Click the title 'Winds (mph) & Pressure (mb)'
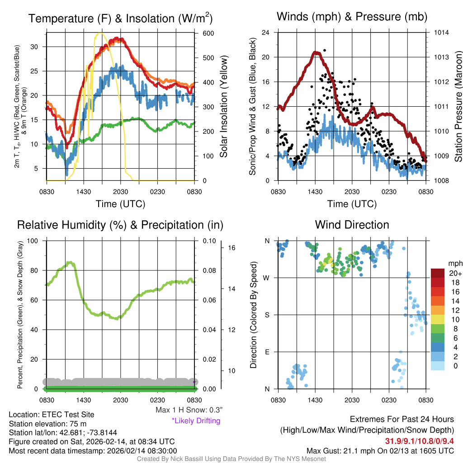tap(352, 17)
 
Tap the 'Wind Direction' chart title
tap(352, 225)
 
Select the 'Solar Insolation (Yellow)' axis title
tap(224, 106)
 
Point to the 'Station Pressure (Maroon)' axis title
tap(458, 106)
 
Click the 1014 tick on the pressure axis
tap(442, 33)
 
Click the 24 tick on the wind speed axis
tap(266, 33)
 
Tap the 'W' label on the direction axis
tap(267, 278)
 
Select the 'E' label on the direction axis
tap(267, 352)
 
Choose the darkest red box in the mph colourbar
tap(437, 274)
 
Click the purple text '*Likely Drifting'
tap(196, 420)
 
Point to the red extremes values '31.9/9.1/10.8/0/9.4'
tap(419, 441)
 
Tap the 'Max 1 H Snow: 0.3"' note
tap(189, 410)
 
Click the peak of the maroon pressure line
tap(317, 53)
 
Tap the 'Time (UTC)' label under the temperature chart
tap(120, 204)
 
